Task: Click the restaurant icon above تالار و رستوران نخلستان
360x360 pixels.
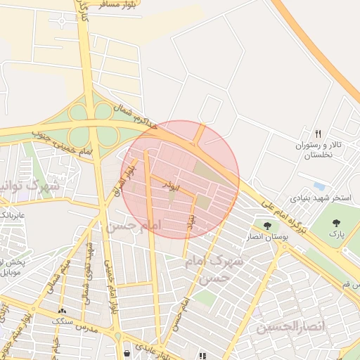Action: click(x=318, y=134)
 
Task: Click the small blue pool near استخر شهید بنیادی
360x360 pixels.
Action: click(x=320, y=186)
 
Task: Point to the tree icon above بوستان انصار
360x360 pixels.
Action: click(x=267, y=225)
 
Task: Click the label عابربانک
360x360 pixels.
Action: click(x=12, y=213)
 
